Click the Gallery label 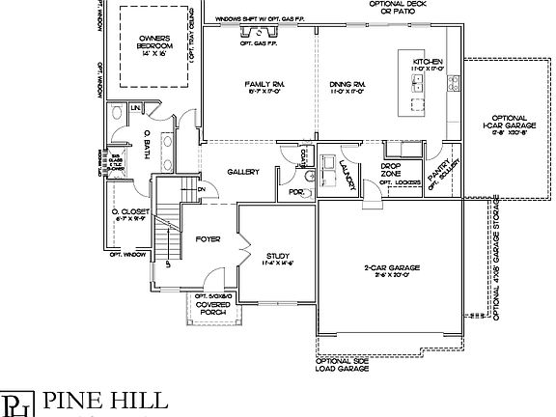[x=242, y=172]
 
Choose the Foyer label [x=209, y=237]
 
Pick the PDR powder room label [x=296, y=193]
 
